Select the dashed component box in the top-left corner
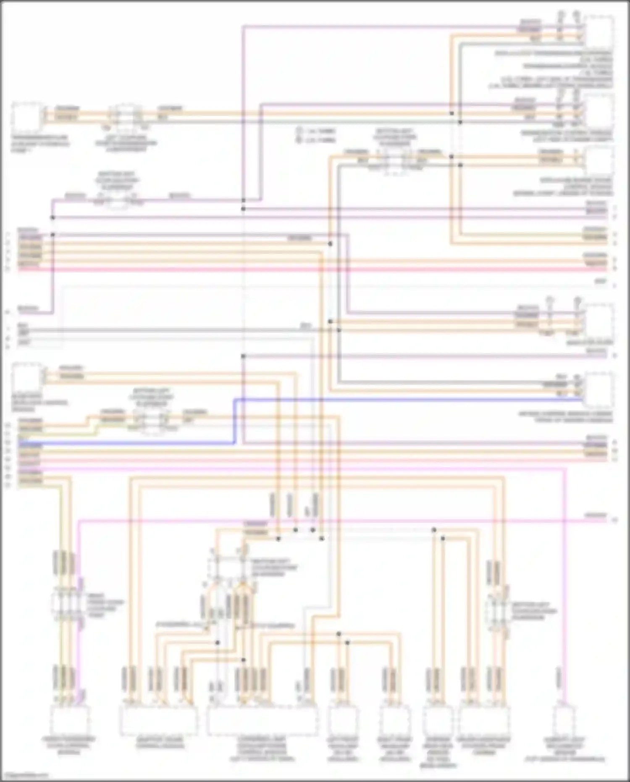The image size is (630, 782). (27, 117)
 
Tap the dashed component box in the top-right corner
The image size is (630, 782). (600, 32)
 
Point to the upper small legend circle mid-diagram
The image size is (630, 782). (299, 131)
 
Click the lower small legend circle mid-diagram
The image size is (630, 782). (299, 140)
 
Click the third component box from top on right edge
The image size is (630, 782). (600, 161)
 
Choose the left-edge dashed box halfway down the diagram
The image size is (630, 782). (27, 377)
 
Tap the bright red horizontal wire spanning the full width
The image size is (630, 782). (315, 269)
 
